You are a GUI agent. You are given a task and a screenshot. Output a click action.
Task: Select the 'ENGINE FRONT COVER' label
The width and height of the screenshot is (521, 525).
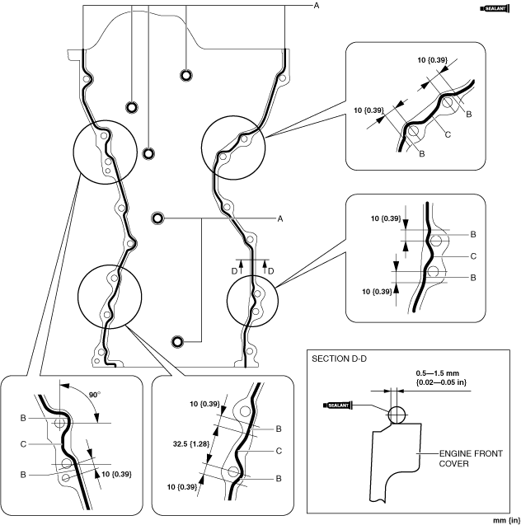pos(471,459)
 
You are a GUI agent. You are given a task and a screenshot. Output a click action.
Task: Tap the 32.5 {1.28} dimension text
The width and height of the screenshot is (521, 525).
pos(191,444)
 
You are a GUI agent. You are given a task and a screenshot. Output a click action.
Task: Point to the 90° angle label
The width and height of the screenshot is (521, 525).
pos(95,395)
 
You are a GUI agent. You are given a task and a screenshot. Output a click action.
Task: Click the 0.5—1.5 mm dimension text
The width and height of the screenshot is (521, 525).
pos(437,373)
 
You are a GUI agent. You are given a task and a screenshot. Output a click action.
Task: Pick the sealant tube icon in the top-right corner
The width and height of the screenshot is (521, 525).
pos(495,9)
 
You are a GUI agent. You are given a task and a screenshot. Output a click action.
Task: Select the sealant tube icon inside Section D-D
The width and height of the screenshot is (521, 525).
pos(338,405)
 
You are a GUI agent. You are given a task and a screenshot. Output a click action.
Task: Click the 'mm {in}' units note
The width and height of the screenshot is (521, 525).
pos(507,520)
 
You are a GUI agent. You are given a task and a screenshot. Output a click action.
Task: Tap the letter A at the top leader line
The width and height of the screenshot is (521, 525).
pos(316,6)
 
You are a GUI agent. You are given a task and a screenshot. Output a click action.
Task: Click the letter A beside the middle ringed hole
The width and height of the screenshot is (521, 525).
pos(280,218)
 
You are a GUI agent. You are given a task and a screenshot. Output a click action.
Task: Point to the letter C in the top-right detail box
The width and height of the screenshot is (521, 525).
pos(448,134)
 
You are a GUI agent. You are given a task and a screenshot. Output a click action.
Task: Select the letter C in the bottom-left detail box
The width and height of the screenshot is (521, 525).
pos(23,444)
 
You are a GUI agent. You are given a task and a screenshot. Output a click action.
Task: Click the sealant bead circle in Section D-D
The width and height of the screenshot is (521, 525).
pos(397,415)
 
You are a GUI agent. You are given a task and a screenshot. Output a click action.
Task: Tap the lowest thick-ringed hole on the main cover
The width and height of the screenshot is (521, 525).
pos(177,342)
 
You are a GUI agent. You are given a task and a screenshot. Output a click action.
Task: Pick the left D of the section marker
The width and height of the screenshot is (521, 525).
pos(234,271)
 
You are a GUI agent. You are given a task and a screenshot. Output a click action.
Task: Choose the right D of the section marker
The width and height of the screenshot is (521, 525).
pos(271,271)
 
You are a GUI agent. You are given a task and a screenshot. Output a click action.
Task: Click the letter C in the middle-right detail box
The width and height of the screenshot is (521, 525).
pos(473,256)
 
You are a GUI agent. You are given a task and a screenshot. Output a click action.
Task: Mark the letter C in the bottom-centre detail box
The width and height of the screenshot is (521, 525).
pos(279,451)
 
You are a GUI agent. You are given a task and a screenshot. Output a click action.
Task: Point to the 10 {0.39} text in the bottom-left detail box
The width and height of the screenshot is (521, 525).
pos(116,474)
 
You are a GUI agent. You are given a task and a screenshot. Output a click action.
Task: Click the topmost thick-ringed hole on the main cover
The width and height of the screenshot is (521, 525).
pos(186,75)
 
